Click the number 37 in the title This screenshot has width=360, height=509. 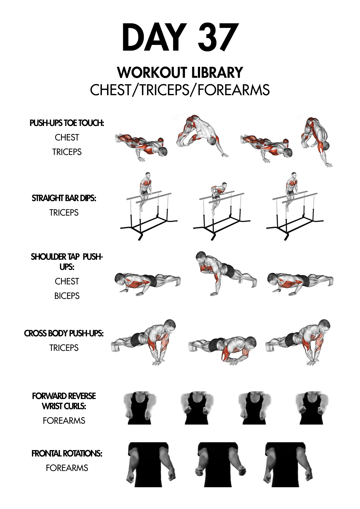[x=218, y=37]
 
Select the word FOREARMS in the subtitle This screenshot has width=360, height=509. [x=234, y=90]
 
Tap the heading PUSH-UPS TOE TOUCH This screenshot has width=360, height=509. [x=67, y=123]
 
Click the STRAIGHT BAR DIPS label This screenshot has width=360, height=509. [x=64, y=198]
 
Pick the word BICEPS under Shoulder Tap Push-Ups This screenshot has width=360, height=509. [x=67, y=296]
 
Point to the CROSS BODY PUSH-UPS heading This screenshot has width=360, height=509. [x=64, y=333]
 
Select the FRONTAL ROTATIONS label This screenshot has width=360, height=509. [x=67, y=454]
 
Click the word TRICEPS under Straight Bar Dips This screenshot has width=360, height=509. [x=64, y=213]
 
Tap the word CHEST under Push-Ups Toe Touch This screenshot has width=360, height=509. [x=67, y=138]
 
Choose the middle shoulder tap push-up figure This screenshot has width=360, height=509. [x=226, y=273]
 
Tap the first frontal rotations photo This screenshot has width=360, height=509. [x=151, y=464]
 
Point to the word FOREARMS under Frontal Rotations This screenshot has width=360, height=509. [x=67, y=468]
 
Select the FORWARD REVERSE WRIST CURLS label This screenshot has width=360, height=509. [x=64, y=401]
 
